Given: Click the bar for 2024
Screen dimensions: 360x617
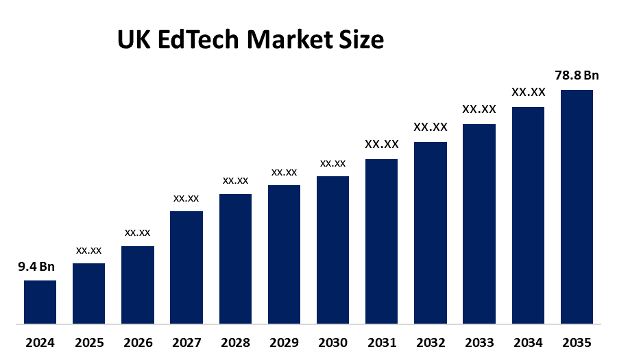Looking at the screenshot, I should (40, 302).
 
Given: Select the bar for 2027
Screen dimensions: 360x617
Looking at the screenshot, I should (186, 267).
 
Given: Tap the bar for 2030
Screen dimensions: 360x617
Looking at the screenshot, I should (332, 250).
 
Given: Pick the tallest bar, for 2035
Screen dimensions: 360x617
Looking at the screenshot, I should (577, 206).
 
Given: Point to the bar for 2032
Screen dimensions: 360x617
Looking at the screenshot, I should (431, 232).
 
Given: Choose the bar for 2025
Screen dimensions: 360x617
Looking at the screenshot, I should (88, 293).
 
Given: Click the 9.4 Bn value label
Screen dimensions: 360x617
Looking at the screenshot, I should (36, 267).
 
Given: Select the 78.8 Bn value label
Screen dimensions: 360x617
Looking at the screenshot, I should (577, 75).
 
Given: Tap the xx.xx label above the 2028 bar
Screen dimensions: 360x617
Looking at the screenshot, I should (235, 180).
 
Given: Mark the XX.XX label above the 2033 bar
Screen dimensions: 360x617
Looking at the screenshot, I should (479, 109).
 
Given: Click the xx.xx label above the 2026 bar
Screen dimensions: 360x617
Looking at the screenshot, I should (137, 232).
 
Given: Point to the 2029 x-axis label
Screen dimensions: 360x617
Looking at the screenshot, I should (284, 342).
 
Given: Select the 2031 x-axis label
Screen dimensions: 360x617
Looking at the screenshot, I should (381, 342).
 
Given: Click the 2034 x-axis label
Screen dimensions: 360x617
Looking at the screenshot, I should (528, 342).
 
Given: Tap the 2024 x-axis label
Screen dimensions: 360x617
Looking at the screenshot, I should (40, 342).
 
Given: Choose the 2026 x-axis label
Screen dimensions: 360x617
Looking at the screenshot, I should (137, 342).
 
